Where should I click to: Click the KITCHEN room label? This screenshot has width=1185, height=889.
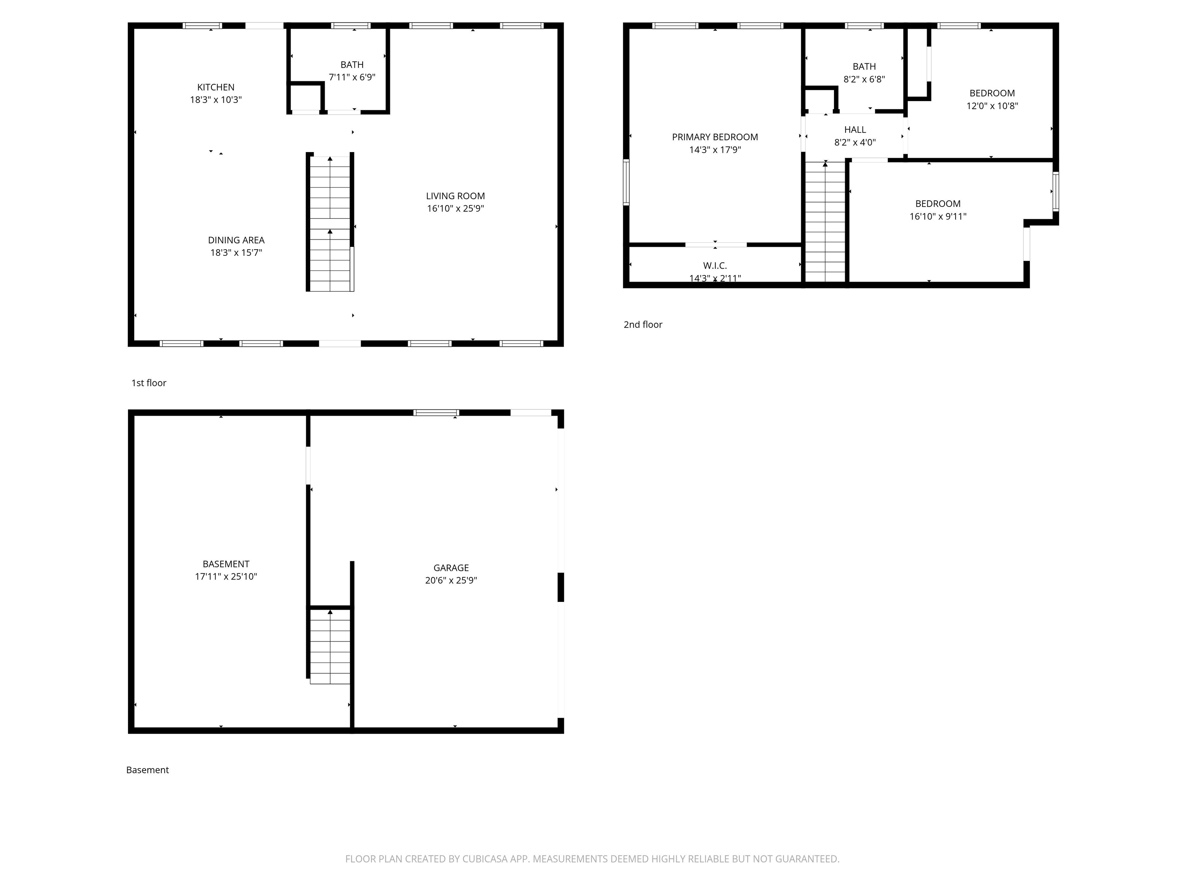(x=216, y=87)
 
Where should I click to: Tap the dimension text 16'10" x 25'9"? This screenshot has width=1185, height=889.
(x=455, y=208)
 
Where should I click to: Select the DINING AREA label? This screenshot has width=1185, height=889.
(x=236, y=240)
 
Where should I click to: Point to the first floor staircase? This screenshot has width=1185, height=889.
(x=330, y=222)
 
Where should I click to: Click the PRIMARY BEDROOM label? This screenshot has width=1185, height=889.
(x=715, y=137)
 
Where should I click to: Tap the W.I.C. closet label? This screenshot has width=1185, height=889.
(x=715, y=266)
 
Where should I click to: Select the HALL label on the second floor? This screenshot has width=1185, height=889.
(x=855, y=130)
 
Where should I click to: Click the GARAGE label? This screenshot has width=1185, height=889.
(x=451, y=568)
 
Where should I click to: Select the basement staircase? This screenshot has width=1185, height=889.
(x=330, y=646)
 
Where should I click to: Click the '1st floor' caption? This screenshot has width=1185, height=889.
(x=149, y=383)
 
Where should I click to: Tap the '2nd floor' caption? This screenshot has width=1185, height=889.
(x=643, y=324)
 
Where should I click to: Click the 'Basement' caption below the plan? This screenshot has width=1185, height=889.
(x=147, y=769)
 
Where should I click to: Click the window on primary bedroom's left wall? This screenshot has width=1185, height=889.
(x=626, y=182)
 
